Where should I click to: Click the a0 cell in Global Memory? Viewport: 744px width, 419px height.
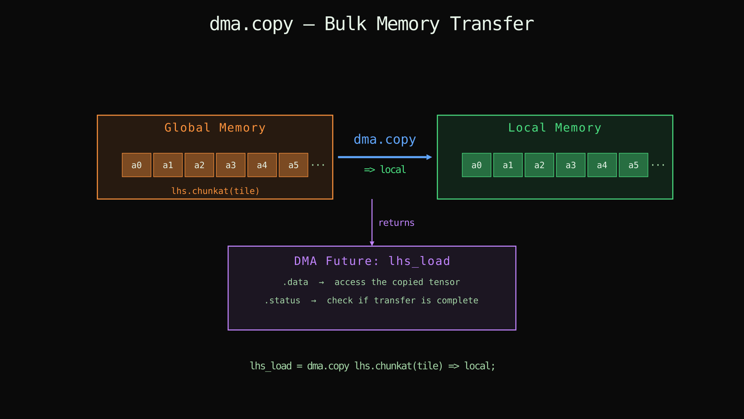(x=136, y=165)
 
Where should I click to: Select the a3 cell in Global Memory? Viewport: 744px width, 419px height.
(x=231, y=165)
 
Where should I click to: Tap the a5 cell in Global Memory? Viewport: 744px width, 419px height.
(x=293, y=165)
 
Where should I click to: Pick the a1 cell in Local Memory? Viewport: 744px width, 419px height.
(x=508, y=165)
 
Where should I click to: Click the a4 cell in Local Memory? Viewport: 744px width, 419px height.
(x=602, y=165)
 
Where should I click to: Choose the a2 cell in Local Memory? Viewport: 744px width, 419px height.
(x=539, y=165)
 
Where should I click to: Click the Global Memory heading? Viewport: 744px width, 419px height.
(x=215, y=128)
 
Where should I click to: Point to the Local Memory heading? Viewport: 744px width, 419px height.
(x=555, y=128)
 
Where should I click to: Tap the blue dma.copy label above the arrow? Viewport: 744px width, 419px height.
(x=384, y=139)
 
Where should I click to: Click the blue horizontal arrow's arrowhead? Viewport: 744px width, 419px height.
(x=429, y=157)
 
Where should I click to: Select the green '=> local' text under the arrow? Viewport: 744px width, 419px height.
(x=385, y=170)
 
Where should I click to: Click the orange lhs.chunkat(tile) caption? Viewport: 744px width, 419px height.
(x=215, y=191)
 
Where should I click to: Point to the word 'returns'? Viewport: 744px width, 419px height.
(x=396, y=223)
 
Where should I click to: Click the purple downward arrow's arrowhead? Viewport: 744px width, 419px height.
(x=372, y=243)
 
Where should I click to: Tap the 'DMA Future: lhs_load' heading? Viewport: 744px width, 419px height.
(x=372, y=261)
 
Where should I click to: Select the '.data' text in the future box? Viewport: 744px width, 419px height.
(x=295, y=282)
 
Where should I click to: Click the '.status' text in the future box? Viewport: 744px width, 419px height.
(x=282, y=301)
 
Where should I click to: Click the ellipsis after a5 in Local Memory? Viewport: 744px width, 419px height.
(x=658, y=165)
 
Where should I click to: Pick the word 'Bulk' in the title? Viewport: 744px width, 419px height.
(x=345, y=24)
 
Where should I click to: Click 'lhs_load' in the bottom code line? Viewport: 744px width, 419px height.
(x=270, y=366)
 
